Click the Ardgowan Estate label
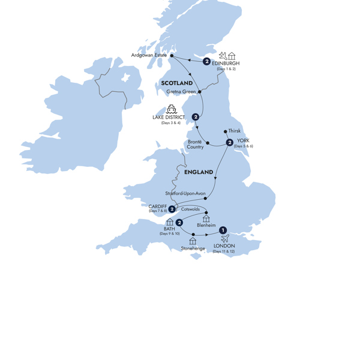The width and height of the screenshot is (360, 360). (x=149, y=56)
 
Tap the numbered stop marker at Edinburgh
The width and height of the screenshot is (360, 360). (x=207, y=61)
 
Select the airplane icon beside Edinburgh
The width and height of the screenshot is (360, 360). (x=223, y=56)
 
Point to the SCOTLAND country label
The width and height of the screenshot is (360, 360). (x=177, y=83)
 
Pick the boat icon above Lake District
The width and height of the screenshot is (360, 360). (x=171, y=110)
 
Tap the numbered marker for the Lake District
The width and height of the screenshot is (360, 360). (x=195, y=116)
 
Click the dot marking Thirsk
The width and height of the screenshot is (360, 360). (x=225, y=131)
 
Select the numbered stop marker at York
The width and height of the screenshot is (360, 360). (x=229, y=142)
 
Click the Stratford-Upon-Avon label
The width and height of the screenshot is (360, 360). (x=185, y=194)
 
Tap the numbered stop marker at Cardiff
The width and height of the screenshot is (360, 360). (x=172, y=209)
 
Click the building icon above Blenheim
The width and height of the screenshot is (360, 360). (x=206, y=218)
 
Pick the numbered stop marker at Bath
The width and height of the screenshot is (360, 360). (x=179, y=223)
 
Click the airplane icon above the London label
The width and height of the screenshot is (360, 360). (x=224, y=239)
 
